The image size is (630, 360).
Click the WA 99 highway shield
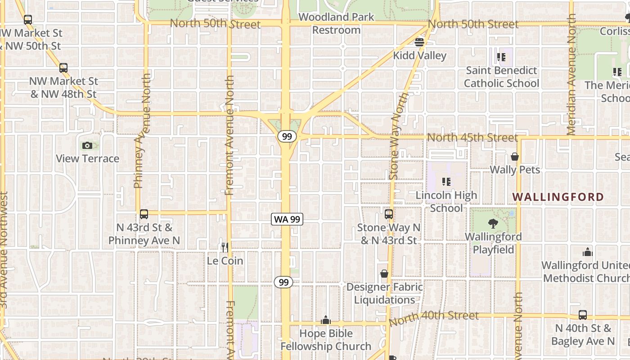287,220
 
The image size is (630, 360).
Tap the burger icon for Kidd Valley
419,42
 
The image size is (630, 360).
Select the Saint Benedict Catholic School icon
501,57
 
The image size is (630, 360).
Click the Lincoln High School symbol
446,182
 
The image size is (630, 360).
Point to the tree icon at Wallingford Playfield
493,223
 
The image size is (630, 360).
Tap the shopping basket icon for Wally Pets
515,157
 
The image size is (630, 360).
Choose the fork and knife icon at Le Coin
225,247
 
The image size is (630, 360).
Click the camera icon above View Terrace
87,145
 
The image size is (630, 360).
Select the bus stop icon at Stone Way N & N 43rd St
389,214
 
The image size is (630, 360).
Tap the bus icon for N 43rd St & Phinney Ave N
144,214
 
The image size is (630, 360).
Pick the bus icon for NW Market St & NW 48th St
63,68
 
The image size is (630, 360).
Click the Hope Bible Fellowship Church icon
326,320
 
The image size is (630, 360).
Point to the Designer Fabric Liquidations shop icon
384,274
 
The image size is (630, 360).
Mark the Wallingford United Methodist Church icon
587,252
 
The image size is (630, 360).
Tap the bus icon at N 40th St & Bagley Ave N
583,315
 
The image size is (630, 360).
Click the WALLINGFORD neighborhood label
558,197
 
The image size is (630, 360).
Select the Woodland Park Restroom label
336,24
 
